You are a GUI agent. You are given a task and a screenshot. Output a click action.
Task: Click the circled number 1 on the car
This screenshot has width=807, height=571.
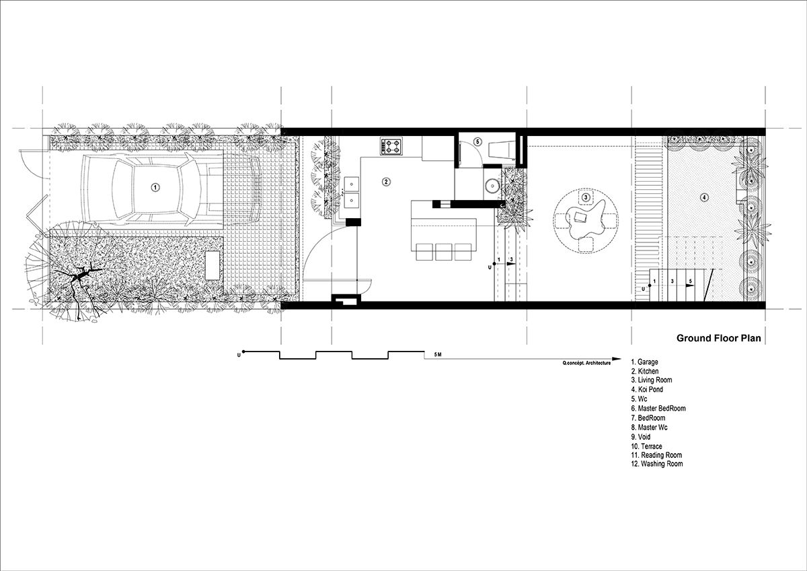click(155, 188)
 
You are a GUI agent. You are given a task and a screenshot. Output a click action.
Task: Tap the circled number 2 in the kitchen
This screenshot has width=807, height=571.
click(386, 181)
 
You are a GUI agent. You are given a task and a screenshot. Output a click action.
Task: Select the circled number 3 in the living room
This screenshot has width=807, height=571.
click(586, 197)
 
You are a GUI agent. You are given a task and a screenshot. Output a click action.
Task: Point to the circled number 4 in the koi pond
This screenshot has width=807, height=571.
click(704, 197)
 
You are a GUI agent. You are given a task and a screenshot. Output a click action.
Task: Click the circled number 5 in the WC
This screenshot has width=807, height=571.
click(477, 142)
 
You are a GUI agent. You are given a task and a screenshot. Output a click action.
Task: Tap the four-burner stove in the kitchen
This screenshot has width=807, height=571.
click(392, 145)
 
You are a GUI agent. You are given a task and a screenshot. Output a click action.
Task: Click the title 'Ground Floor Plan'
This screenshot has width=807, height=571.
click(718, 338)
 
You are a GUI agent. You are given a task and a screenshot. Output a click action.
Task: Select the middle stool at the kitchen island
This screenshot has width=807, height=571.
click(444, 252)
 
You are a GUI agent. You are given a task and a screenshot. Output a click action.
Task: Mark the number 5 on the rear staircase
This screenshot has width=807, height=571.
click(691, 280)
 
